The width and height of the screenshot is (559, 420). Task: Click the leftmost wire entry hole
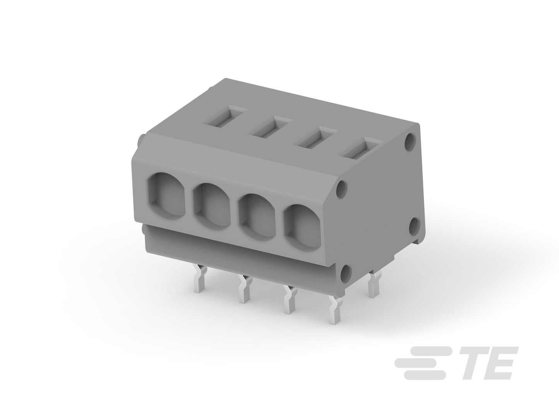click(166, 196)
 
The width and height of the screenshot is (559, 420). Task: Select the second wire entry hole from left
click(212, 207)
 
